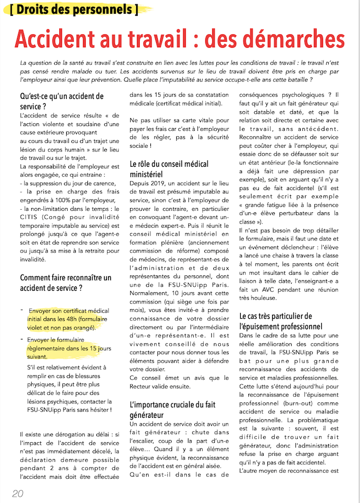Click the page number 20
(x=17, y=493)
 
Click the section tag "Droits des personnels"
(x=74, y=10)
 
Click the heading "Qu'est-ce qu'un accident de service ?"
(x=62, y=101)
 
